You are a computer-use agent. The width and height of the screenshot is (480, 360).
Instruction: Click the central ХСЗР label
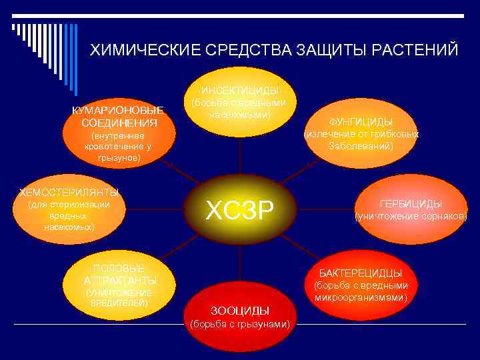[239, 211]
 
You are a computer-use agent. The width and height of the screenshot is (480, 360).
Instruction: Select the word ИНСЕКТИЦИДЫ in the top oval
[239, 91]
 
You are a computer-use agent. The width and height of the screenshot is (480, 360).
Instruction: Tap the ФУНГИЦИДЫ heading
[361, 122]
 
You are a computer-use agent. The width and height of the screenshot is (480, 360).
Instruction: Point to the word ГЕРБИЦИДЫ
[411, 204]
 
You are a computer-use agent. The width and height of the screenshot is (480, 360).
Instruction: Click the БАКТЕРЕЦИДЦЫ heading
[360, 273]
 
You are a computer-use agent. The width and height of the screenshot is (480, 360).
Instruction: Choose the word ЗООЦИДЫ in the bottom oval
[240, 311]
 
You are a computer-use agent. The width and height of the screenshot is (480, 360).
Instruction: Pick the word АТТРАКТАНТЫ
[121, 280]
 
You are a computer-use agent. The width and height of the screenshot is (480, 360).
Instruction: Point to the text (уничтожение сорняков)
[411, 217]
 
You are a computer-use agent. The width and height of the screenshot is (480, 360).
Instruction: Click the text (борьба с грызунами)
[240, 325]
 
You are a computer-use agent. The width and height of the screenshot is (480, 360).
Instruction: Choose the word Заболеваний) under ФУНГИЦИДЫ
[361, 145]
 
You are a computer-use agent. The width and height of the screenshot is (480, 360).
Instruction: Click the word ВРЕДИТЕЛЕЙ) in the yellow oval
[119, 303]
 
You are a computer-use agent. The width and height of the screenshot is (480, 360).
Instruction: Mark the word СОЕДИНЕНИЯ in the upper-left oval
[119, 123]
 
